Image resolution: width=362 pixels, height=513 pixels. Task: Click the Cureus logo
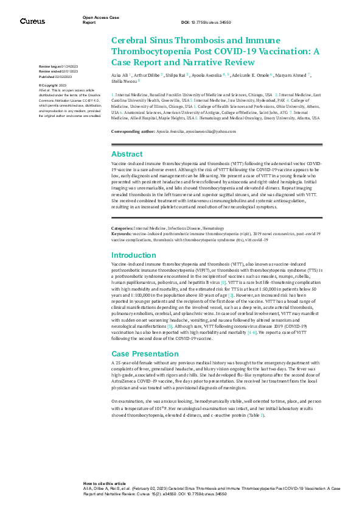coord(32,21)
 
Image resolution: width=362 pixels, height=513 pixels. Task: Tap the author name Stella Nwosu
coord(124,80)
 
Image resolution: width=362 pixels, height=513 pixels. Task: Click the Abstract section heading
coord(127,154)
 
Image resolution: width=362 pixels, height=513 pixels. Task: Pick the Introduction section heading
coord(133,255)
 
